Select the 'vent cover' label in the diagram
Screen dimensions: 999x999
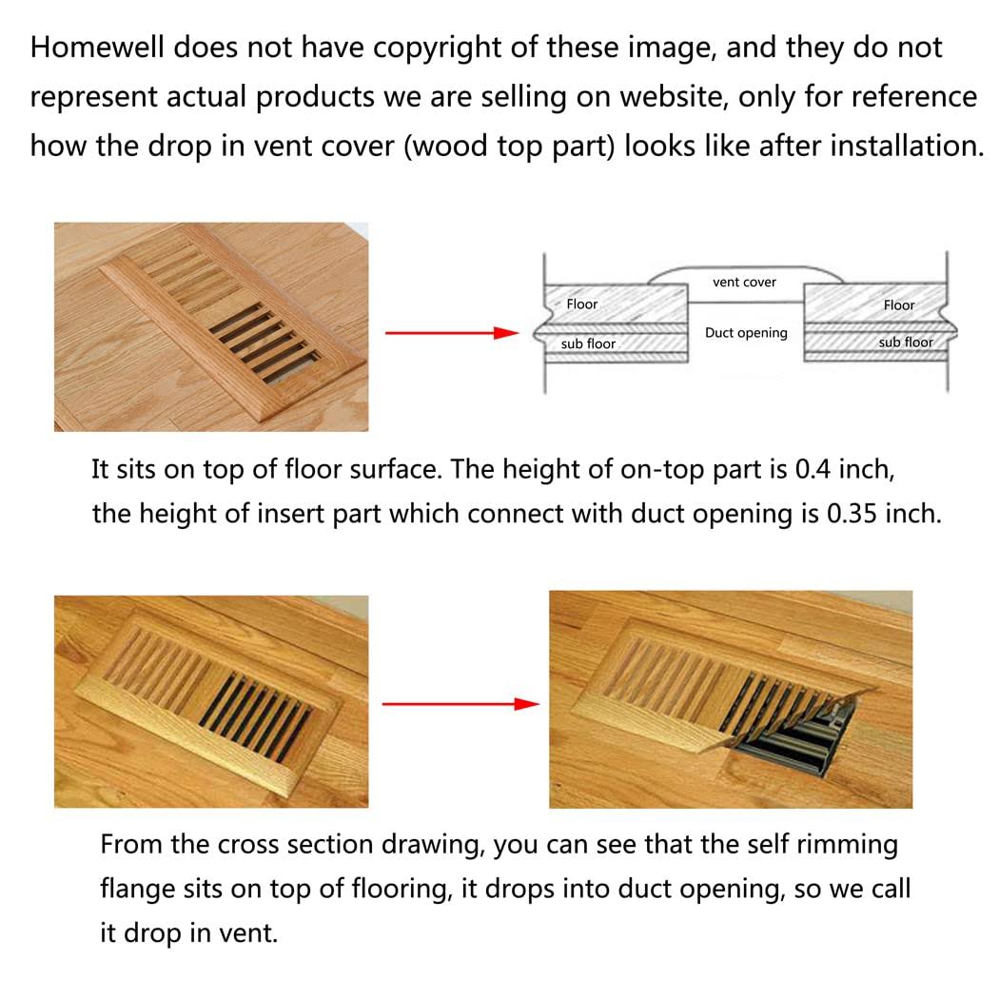744,283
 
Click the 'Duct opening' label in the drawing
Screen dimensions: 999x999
746,333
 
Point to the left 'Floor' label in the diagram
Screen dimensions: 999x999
581,304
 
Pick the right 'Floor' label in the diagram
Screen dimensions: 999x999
898,305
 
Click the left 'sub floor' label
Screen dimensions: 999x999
588,343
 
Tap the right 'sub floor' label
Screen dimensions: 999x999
905,343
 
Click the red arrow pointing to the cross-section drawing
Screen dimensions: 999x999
451,333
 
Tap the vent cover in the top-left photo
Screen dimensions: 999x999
233,314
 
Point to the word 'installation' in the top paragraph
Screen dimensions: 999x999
905,146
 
